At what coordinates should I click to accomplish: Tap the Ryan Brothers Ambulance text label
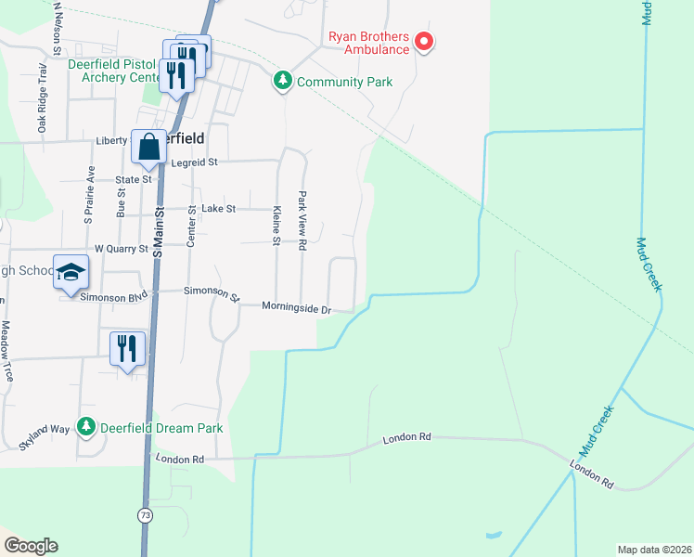pos(368,44)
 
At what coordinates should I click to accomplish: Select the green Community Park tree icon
pos(283,82)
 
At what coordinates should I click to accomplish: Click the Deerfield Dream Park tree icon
pos(86,427)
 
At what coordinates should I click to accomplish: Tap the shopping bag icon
pos(148,147)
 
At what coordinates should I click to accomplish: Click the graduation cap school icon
pos(71,273)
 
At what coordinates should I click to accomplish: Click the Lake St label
pos(219,209)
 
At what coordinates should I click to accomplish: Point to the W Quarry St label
pos(121,249)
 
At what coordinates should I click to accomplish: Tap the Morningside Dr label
pos(296,306)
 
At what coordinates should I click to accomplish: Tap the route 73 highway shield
pos(145,514)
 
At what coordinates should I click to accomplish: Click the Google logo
pos(31,546)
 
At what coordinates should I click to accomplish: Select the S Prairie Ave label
pos(90,195)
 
